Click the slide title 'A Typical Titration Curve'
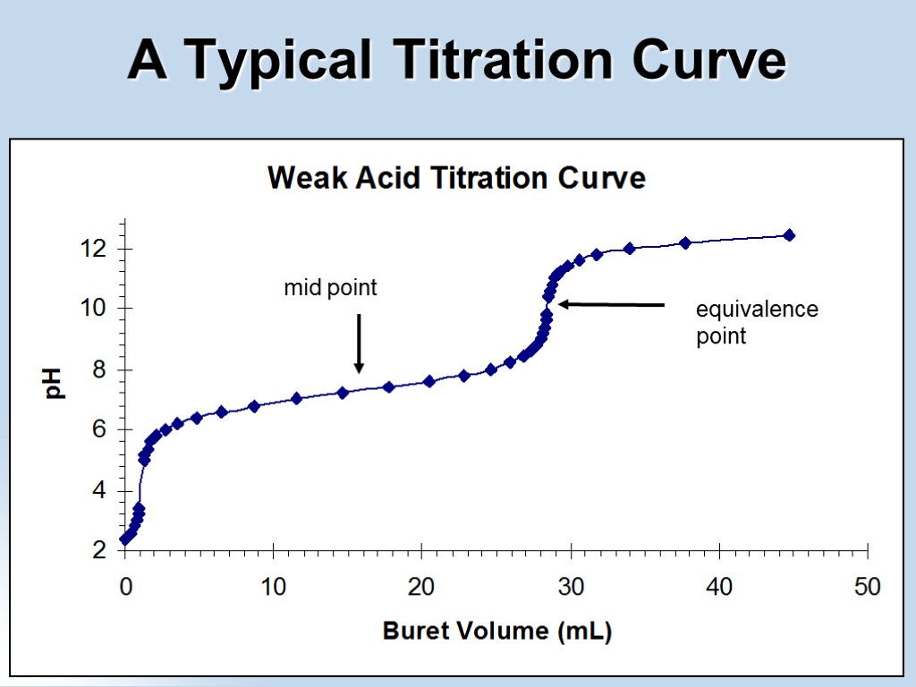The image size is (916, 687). [457, 61]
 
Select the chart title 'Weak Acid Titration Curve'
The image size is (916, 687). [456, 178]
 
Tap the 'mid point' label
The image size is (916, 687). [331, 288]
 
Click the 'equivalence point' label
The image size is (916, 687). [756, 322]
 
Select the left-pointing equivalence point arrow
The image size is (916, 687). [612, 305]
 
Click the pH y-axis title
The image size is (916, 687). [55, 384]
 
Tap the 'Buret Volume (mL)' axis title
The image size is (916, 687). [497, 632]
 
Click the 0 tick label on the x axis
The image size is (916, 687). [125, 587]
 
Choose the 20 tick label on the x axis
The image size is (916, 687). [421, 587]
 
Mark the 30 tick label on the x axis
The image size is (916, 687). [570, 587]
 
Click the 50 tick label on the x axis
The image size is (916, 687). [867, 587]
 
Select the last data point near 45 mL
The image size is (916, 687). [789, 235]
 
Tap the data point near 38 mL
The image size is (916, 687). [685, 242]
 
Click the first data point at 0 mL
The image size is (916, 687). [125, 539]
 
